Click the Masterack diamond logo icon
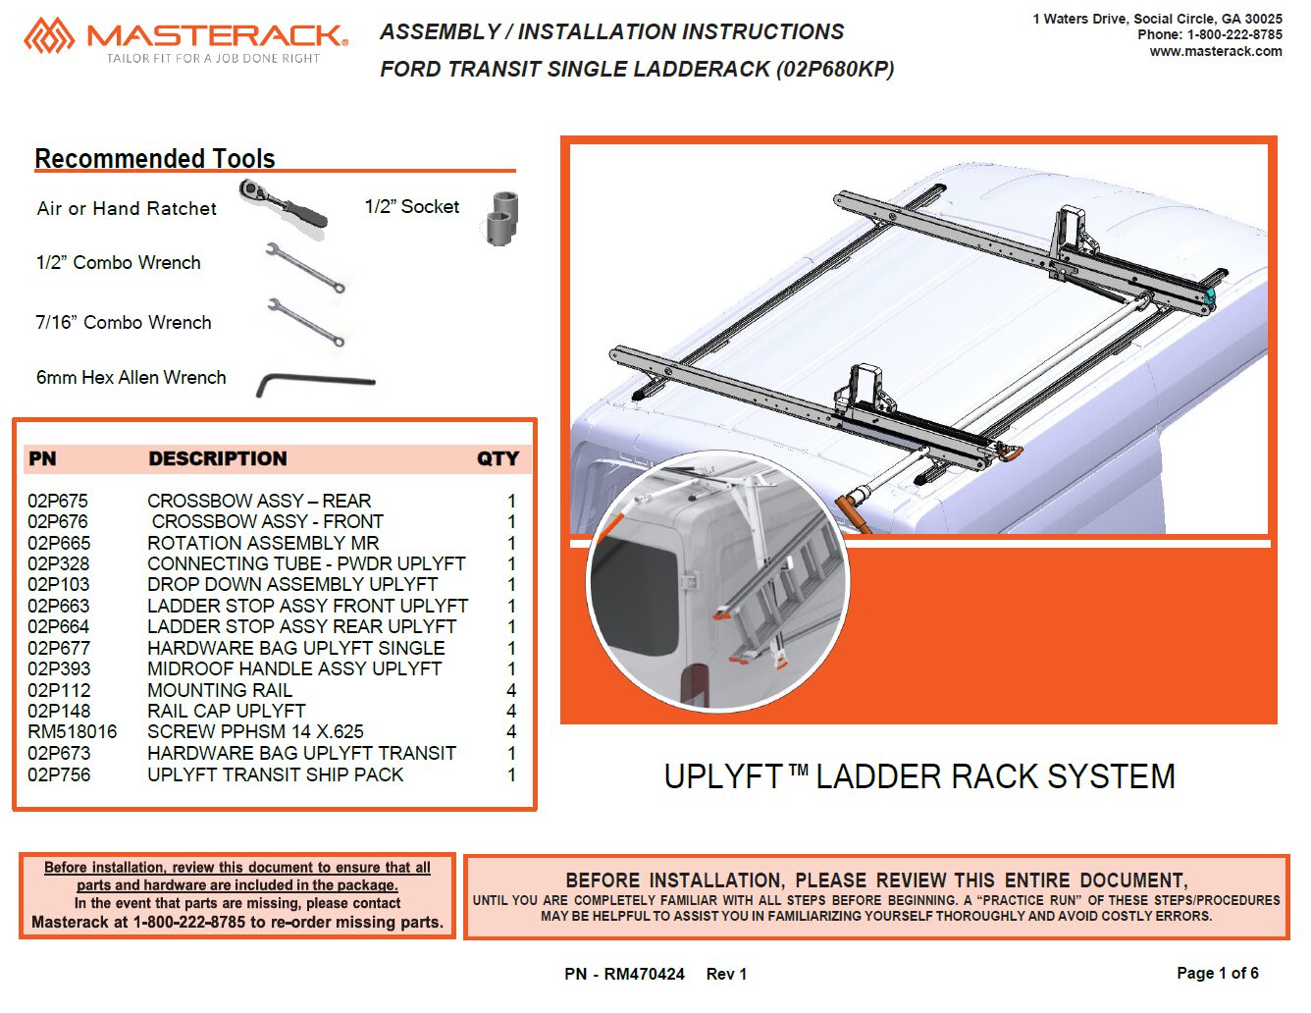(x=49, y=35)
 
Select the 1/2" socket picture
(x=501, y=219)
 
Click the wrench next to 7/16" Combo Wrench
(x=306, y=322)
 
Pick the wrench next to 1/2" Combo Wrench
(x=305, y=268)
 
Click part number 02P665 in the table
(x=59, y=543)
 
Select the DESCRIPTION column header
(x=218, y=458)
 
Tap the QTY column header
(x=498, y=458)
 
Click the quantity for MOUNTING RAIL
(x=511, y=690)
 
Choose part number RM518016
(x=72, y=732)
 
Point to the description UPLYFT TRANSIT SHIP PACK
(x=275, y=774)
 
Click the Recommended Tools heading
(x=155, y=159)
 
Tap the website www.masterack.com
(x=1216, y=52)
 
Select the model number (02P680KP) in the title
(x=834, y=70)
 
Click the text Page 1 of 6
(x=1218, y=973)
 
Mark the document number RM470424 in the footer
(x=644, y=974)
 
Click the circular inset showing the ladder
(x=718, y=581)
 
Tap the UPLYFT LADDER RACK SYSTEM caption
(x=919, y=776)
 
